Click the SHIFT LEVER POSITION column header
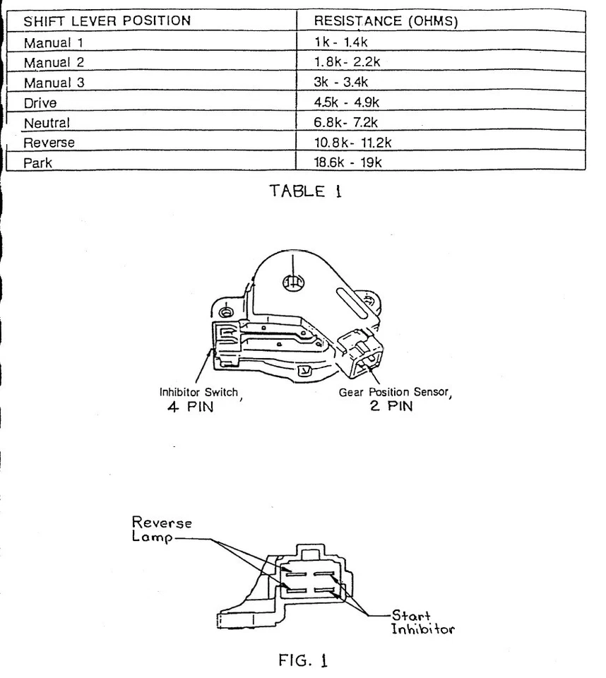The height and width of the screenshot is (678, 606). (107, 21)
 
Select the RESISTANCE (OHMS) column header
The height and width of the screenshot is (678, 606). (386, 22)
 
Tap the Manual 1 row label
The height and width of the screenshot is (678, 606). (54, 42)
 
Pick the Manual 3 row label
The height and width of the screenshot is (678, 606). (54, 83)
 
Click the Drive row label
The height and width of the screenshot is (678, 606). (40, 103)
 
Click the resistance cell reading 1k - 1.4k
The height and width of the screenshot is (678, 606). (342, 42)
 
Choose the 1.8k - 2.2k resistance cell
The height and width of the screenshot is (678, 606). (347, 62)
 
